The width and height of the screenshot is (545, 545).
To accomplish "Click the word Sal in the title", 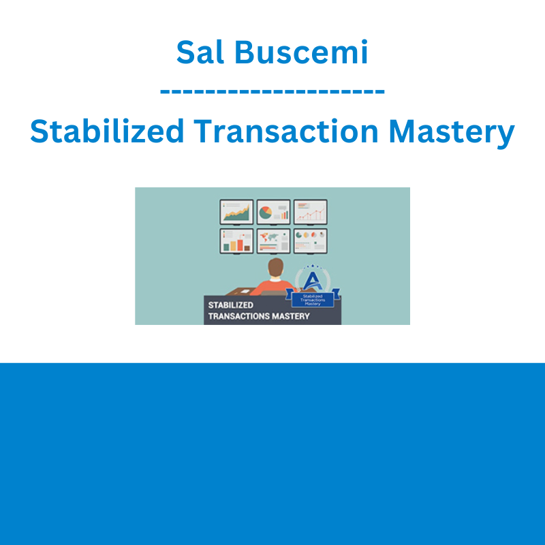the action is tap(200, 52).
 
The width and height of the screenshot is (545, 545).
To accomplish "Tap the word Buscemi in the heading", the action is tap(301, 52).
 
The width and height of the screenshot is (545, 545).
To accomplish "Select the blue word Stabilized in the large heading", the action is tap(107, 131).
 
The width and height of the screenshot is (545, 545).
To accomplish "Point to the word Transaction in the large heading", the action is tap(285, 131).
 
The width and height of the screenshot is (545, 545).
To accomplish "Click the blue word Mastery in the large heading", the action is tap(452, 133).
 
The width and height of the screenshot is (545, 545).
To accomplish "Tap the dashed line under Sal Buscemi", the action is tap(272, 92).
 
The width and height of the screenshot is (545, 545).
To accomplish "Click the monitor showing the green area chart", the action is tap(236, 212).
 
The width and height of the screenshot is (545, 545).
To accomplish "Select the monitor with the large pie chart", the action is tap(274, 212).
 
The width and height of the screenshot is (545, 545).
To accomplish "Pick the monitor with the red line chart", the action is tap(311, 212).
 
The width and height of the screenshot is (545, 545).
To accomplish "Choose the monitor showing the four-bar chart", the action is tap(236, 241).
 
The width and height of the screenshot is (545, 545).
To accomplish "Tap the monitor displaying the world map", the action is tap(274, 241).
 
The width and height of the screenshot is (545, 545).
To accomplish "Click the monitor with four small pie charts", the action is tap(311, 241).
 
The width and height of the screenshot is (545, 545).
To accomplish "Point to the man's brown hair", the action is tap(276, 266).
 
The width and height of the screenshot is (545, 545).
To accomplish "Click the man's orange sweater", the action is tap(273, 287).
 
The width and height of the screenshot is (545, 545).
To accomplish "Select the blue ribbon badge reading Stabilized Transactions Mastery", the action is tap(313, 299).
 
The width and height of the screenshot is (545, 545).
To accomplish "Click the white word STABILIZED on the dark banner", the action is tap(230, 305).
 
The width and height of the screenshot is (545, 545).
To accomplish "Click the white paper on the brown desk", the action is tap(245, 292).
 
